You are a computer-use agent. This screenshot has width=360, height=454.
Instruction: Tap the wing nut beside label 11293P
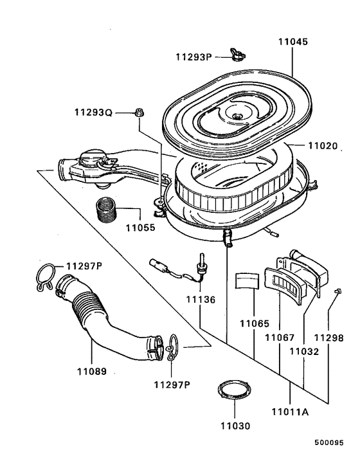236,55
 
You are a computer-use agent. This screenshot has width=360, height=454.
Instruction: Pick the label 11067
280,338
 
